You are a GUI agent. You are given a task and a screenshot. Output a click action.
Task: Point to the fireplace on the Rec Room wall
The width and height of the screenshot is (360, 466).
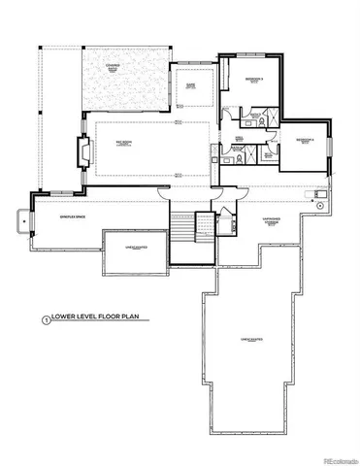pos(84,152)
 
